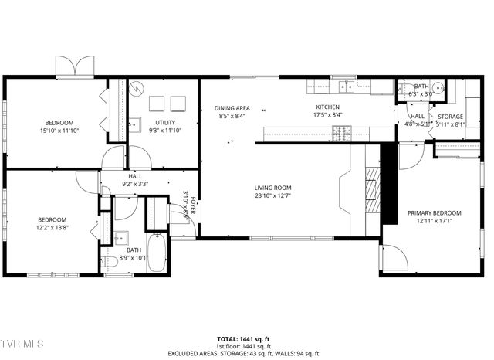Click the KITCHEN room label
point(327,107)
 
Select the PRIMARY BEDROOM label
point(435,213)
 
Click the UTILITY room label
point(165,122)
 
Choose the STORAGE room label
point(451,117)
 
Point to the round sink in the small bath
point(438,88)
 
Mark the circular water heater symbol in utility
point(137,88)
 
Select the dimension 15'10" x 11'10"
point(59,131)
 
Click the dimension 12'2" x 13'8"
point(52,227)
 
